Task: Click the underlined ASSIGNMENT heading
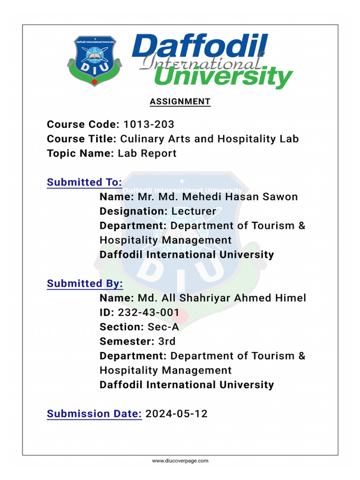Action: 180,102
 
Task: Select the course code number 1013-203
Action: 149,124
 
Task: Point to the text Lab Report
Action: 147,153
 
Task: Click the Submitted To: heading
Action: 84,182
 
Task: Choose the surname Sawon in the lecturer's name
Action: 279,197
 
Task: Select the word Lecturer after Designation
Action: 194,211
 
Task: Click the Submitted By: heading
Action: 85,284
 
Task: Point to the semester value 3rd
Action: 167,341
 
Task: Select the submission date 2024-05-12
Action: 176,413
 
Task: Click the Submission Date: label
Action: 94,413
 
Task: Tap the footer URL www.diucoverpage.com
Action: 180,461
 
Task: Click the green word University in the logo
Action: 222,77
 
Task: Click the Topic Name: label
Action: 80,153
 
